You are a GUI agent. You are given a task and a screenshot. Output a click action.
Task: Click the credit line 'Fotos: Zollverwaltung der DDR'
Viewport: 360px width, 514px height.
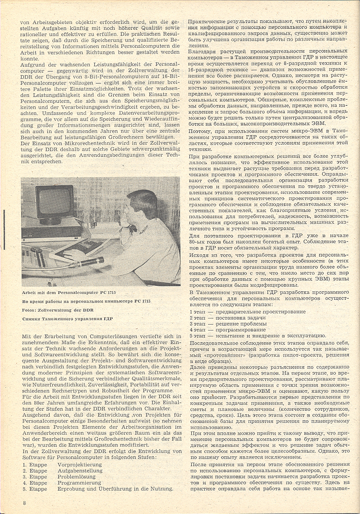point(57,310)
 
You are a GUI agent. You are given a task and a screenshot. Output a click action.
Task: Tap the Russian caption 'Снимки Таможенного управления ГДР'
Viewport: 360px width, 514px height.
point(67,319)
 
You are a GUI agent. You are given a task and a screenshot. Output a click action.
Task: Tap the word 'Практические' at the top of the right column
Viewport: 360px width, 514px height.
point(209,22)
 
